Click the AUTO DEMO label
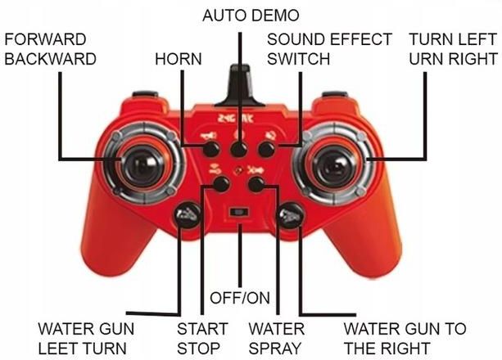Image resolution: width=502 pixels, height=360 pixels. (251, 16)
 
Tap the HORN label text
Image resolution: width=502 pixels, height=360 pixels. (179, 59)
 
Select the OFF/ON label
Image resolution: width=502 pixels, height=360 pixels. (240, 299)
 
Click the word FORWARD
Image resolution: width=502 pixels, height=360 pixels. (46, 39)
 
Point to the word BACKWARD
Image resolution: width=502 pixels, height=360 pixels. (51, 59)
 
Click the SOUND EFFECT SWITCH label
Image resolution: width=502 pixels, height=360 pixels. (329, 49)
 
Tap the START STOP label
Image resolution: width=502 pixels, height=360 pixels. (202, 339)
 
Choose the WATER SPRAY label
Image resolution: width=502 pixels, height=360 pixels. (277, 339)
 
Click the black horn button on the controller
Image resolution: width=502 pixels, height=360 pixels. (211, 150)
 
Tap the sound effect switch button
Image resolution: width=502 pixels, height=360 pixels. (266, 150)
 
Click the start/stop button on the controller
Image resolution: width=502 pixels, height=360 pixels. (221, 184)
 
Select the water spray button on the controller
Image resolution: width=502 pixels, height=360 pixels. (256, 184)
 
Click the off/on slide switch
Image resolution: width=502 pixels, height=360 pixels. (239, 212)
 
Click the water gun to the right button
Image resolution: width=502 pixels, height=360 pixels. (290, 216)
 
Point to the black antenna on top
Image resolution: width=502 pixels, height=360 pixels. (239, 86)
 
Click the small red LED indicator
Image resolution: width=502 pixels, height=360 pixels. (237, 170)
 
